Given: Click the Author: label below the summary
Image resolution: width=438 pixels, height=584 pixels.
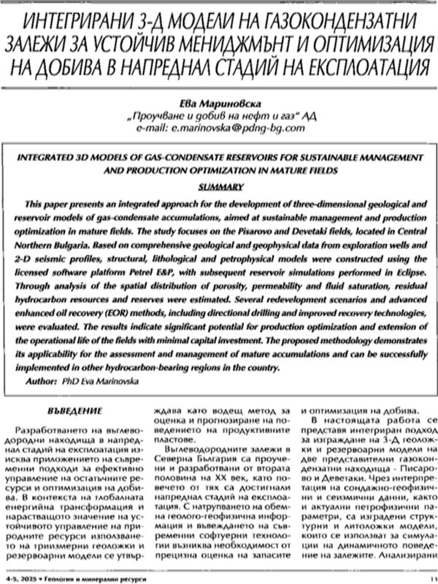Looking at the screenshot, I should point(50,381).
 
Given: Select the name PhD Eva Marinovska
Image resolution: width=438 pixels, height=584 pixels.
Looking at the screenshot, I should point(117,381).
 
